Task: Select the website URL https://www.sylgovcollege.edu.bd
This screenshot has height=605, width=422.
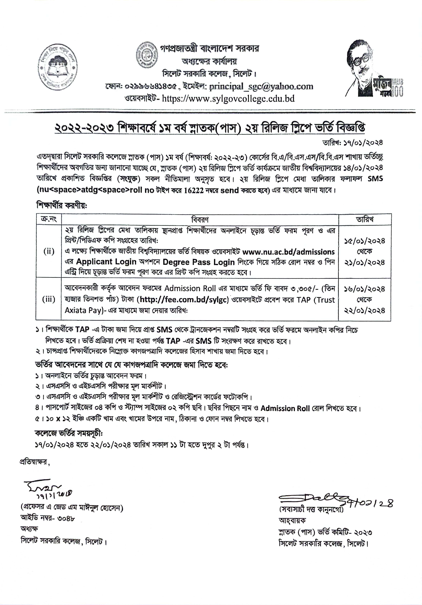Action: [x=228, y=99]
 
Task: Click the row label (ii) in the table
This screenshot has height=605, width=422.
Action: [x=49, y=251]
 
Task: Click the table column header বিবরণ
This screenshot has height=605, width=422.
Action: [x=200, y=219]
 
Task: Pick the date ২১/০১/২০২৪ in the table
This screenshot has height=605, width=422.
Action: [x=365, y=263]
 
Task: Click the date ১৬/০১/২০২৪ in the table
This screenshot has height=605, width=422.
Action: [x=365, y=289]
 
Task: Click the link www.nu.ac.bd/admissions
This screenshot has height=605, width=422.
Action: [x=288, y=252]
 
